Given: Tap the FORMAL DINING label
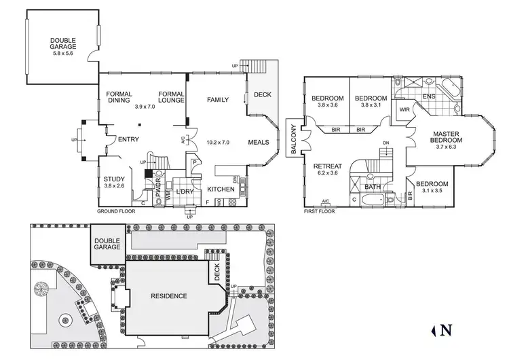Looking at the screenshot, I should point(118,98).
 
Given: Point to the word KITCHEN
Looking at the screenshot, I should point(221,189).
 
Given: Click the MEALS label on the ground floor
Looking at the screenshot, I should point(259,143).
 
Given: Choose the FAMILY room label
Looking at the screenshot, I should point(219,99).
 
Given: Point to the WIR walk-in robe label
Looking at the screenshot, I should point(404,109).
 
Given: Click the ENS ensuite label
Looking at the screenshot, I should point(429,96).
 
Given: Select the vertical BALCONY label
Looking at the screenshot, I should point(291,140).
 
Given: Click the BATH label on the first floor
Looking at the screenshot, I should point(373,186).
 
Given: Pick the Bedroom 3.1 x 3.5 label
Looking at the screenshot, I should point(433,187).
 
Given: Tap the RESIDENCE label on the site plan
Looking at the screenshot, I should point(169,296).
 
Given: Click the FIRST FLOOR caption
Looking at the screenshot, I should point(320,211).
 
